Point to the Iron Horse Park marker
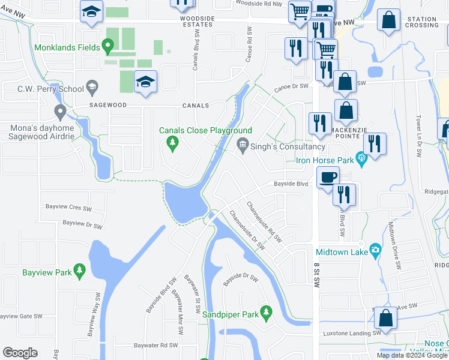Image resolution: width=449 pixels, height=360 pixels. click(361, 159)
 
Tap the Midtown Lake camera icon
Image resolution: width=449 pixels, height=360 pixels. click(375, 249)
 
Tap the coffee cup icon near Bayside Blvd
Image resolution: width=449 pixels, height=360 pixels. click(328, 177)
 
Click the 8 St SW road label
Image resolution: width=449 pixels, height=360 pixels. click(316, 275)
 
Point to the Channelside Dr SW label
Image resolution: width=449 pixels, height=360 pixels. click(247, 233)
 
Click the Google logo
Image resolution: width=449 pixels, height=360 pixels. click(20, 352)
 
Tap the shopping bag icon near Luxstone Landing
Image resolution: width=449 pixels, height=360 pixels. click(385, 319)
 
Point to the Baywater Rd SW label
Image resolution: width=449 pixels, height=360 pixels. click(157, 345)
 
